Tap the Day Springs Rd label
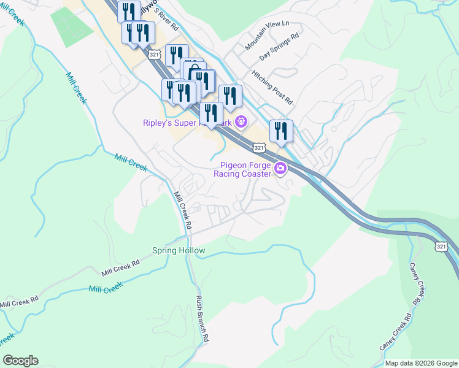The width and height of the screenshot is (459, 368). click(x=279, y=47)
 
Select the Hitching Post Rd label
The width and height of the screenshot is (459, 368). click(x=272, y=86)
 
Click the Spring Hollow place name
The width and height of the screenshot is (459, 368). click(x=179, y=251)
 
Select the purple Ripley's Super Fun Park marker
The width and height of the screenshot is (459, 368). click(x=241, y=123)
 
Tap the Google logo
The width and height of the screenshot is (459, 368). click(x=20, y=361)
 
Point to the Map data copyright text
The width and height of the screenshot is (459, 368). click(x=420, y=362)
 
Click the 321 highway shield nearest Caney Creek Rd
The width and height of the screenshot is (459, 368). click(x=442, y=246)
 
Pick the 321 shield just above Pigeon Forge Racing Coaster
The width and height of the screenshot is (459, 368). click(x=259, y=148)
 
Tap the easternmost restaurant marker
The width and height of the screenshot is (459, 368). click(x=281, y=131)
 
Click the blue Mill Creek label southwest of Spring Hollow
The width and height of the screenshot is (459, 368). click(x=106, y=288)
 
